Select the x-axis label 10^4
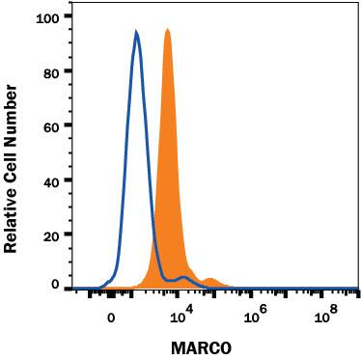[181, 314]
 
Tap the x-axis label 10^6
[254, 314]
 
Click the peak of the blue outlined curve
[136, 32]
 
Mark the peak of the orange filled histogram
[168, 29]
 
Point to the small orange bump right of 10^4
[209, 280]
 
